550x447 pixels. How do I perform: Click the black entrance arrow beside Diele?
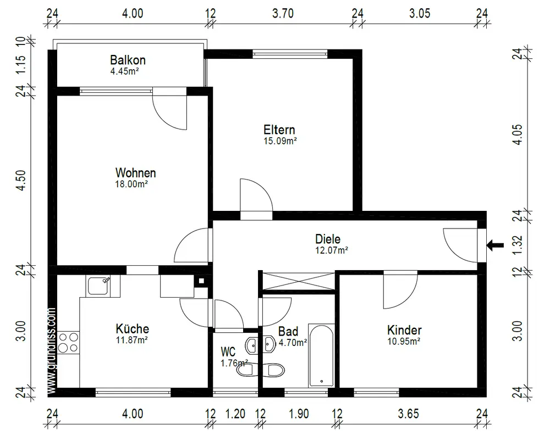[x=495, y=245]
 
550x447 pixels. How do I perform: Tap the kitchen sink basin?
[x=98, y=286]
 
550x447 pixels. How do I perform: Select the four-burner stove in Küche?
[x=68, y=343]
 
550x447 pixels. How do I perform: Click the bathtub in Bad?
[x=321, y=355]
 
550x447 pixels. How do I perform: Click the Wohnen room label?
[x=135, y=172]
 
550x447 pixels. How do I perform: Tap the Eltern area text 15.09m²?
[x=280, y=141]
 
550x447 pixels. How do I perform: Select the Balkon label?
[x=128, y=60]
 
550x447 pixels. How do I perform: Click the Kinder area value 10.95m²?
[x=404, y=341]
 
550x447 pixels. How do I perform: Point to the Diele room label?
[x=328, y=239]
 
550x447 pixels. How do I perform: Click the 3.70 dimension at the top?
[x=283, y=13]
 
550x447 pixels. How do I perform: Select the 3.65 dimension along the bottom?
[x=408, y=414]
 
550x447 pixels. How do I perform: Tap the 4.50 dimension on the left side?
[x=21, y=181]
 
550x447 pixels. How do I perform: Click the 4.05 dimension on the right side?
[x=518, y=135]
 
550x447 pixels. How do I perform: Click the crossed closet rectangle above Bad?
[x=298, y=281]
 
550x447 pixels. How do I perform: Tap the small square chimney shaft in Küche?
[x=201, y=281]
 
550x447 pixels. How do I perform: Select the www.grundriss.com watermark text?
[x=51, y=351]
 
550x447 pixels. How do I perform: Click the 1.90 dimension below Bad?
[x=299, y=414]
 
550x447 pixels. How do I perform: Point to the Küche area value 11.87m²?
[x=132, y=340]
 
